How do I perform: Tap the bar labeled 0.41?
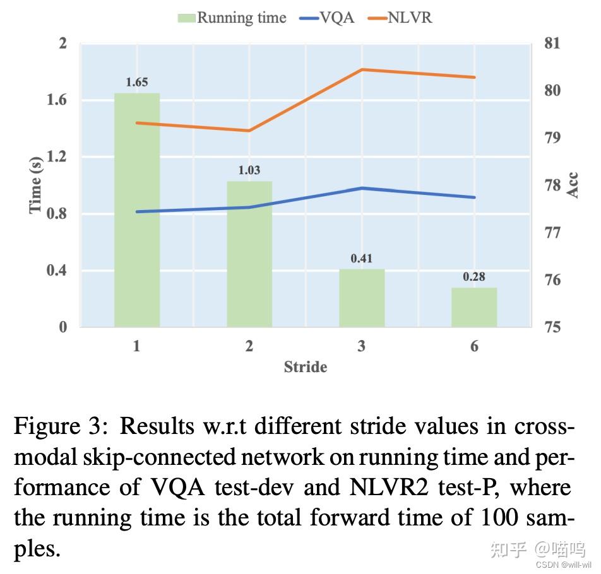pos(362,298)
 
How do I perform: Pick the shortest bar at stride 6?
pos(474,307)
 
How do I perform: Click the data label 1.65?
pos(137,82)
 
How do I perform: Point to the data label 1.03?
pos(249,170)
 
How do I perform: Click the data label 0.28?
pos(474,277)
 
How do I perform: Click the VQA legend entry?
pos(328,18)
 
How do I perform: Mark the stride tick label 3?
pos(362,346)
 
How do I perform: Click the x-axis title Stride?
pos(306,367)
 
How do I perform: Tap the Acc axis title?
pos(573,185)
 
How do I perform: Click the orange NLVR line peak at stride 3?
pos(362,69)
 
